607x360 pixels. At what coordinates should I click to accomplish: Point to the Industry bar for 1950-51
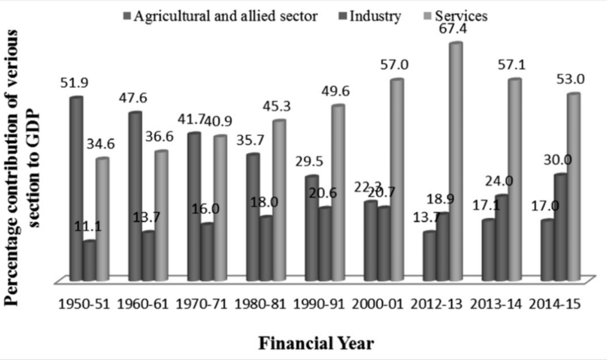[89, 260]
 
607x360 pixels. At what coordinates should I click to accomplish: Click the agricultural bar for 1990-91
[312, 228]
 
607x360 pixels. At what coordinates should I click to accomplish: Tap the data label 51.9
[75, 84]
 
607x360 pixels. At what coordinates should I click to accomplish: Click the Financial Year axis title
[315, 343]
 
